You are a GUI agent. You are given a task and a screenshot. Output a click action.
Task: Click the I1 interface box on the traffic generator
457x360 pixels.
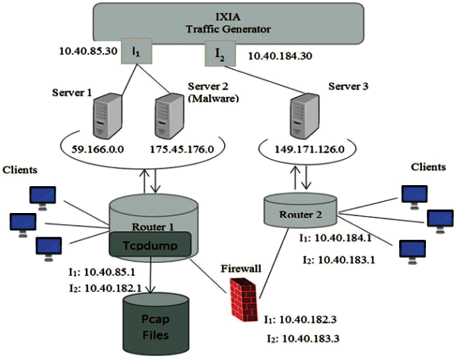click(136, 50)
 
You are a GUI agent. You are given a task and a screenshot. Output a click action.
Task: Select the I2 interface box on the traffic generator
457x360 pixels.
click(220, 53)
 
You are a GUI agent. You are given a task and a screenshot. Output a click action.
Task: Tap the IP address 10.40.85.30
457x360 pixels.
click(88, 51)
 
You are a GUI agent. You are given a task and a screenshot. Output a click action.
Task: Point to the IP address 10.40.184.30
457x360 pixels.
click(280, 56)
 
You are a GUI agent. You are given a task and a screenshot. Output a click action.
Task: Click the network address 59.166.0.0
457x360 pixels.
click(98, 149)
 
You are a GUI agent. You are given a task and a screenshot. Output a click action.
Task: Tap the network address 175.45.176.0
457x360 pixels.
click(182, 149)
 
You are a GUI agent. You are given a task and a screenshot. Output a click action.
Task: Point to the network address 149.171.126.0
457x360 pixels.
click(310, 149)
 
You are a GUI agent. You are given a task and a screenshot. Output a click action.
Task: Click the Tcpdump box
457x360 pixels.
click(150, 244)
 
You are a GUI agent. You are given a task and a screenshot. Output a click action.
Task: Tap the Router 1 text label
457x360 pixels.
click(153, 227)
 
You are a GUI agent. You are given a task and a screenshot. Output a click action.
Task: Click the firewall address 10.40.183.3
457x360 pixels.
click(303, 338)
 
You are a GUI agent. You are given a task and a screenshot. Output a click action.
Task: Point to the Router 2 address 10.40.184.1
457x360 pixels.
click(335, 238)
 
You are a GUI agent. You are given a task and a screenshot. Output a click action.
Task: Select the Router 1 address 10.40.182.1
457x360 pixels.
click(106, 288)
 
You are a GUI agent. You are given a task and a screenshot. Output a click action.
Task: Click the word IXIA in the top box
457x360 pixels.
click(228, 17)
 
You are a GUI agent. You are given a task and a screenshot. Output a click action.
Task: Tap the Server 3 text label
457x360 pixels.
click(348, 86)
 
